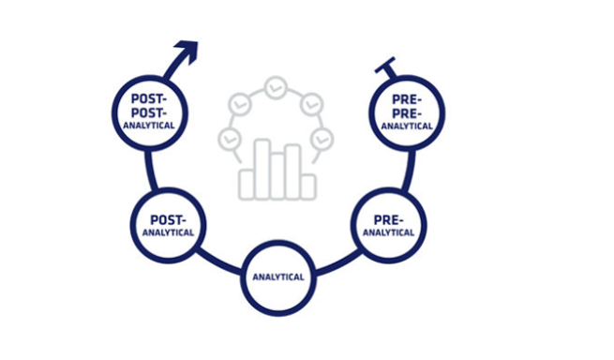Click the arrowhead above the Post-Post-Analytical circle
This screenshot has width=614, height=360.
tap(188, 50)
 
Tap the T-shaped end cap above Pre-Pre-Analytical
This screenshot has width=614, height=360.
tap(385, 65)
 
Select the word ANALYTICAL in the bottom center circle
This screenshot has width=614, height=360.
tap(278, 277)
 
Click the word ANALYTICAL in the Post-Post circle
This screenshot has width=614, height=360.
tap(149, 126)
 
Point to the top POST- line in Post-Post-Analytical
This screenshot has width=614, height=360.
tap(149, 98)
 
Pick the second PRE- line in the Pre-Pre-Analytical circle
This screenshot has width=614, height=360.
tap(407, 114)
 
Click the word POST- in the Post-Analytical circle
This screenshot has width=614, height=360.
tap(169, 220)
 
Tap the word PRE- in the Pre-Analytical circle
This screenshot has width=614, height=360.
tap(388, 220)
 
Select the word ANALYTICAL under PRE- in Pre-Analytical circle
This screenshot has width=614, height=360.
tap(388, 232)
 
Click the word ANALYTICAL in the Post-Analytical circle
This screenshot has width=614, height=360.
tap(168, 232)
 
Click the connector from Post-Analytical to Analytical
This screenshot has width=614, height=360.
tap(219, 261)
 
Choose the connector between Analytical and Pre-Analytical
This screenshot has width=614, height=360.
tap(338, 262)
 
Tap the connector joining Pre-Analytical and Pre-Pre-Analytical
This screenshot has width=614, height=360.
tap(408, 170)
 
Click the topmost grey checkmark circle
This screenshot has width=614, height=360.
tap(276, 87)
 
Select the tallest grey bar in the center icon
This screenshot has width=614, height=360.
tap(262, 169)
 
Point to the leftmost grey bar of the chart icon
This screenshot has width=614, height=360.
tap(247, 185)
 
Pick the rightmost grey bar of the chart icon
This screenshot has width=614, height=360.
tap(308, 187)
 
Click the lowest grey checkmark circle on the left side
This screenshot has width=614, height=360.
tap(230, 139)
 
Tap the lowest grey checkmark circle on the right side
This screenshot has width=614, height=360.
tap(322, 139)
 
